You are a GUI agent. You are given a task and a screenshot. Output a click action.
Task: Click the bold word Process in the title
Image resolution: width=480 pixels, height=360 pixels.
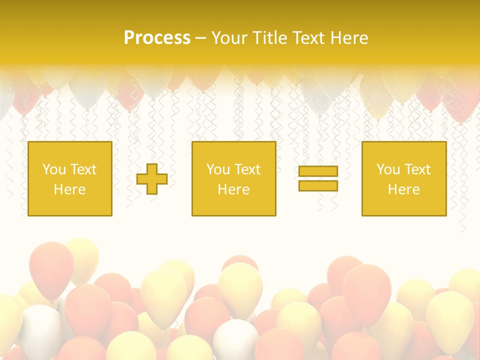[157, 38]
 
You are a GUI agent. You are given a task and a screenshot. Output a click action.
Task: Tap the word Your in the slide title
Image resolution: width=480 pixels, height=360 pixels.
[228, 38]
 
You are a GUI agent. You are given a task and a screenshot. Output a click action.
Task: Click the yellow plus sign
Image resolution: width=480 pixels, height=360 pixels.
[152, 178]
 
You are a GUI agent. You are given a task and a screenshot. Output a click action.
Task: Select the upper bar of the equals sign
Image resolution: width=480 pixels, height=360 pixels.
[318, 171]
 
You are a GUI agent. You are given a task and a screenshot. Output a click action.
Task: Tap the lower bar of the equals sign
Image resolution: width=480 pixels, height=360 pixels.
[318, 185]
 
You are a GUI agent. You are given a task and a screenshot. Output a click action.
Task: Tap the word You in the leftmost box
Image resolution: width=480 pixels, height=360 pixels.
[53, 169]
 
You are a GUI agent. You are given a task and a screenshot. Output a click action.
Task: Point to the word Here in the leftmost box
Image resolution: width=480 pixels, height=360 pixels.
[69, 189]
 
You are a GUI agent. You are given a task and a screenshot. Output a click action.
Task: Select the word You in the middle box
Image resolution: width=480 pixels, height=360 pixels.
[217, 169]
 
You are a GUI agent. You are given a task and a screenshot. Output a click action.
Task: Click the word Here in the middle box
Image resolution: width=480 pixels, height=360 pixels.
[233, 189]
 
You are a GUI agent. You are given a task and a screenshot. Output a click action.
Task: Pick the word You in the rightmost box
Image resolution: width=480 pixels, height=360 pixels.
[387, 169]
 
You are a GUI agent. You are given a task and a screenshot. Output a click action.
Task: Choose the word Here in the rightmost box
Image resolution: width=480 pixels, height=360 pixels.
[403, 189]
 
